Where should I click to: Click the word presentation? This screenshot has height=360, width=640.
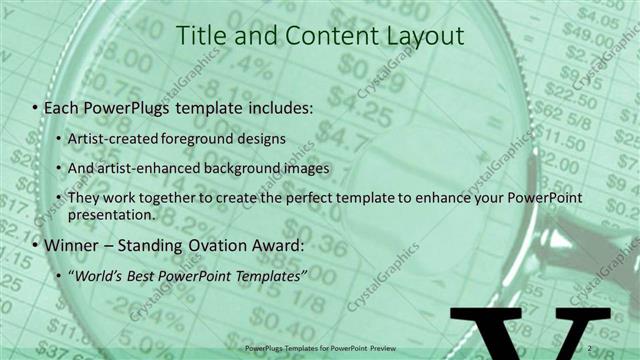tap(113, 214)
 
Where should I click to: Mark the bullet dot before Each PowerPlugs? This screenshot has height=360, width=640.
tap(36, 107)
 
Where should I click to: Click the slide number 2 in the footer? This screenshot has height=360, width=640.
tap(592, 348)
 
